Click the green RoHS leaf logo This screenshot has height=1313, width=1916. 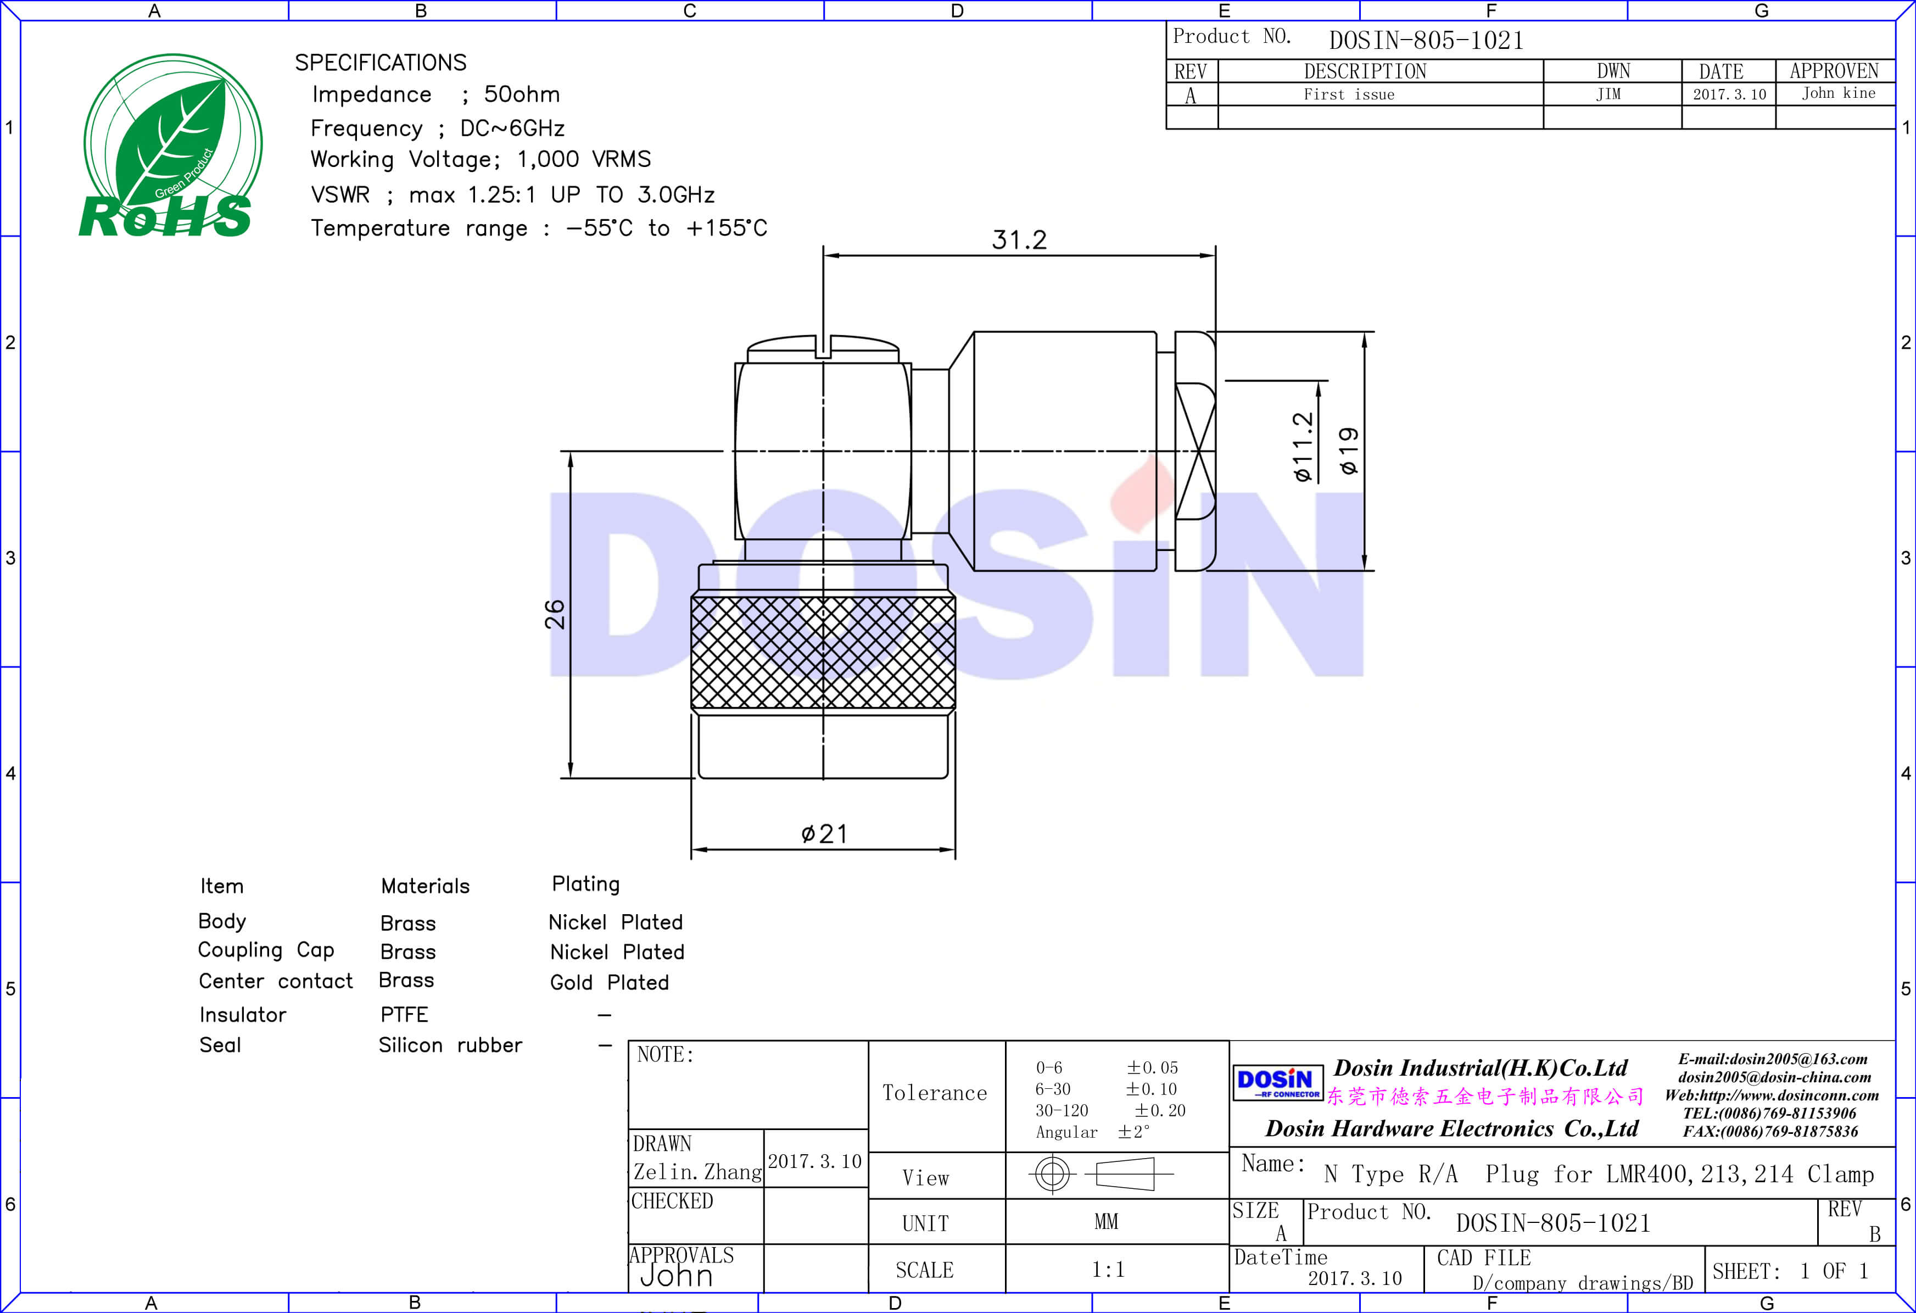(x=171, y=146)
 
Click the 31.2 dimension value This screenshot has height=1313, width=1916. (x=1019, y=240)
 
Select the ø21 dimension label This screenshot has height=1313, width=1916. (x=824, y=834)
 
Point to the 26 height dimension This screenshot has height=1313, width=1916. (x=555, y=614)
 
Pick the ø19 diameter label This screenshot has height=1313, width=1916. (x=1349, y=451)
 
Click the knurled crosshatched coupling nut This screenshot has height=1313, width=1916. (x=823, y=652)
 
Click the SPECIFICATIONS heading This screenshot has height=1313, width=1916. (x=381, y=63)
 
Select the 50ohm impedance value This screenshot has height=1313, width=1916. (x=522, y=94)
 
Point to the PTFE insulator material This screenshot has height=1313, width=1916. (x=404, y=1015)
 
